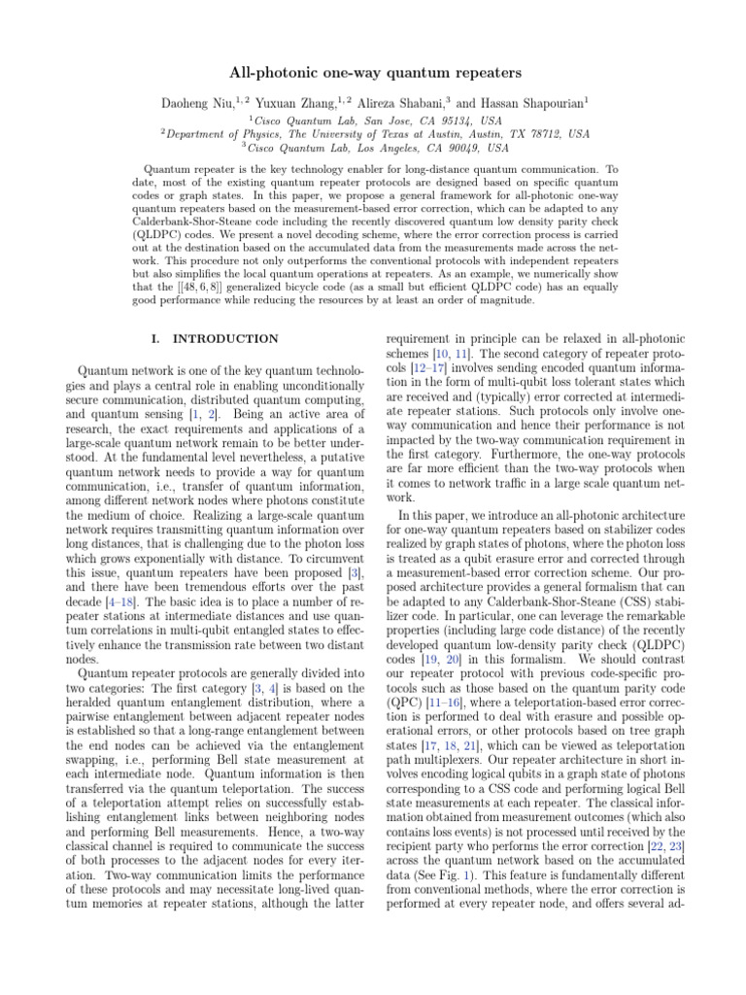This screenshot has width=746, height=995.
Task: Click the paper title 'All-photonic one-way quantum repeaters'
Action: pos(373,73)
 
